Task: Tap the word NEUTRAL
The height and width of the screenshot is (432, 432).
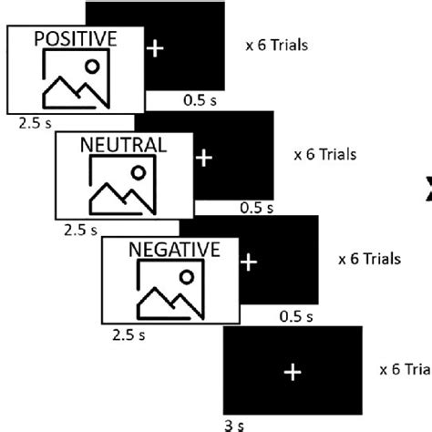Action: tap(123, 144)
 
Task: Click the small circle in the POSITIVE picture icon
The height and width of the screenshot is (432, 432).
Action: tap(91, 65)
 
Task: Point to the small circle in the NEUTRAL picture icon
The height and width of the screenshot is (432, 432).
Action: tap(139, 170)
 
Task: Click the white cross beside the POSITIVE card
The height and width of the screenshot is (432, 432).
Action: tap(156, 48)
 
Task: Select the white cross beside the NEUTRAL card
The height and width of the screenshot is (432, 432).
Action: tap(203, 157)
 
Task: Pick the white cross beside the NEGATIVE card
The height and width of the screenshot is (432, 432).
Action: tap(249, 262)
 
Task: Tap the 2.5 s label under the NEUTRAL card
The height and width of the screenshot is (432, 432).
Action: tap(80, 230)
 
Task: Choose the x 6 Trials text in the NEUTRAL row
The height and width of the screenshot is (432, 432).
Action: tap(325, 154)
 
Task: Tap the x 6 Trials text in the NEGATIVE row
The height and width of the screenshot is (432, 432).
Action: tap(369, 259)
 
